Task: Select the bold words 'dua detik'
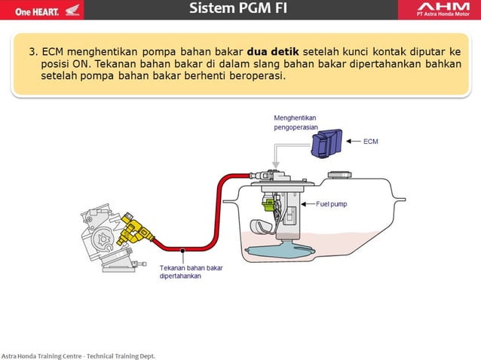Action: click(273, 52)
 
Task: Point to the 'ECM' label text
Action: click(372, 141)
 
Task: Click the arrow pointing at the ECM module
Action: click(353, 141)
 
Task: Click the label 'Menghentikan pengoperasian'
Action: click(295, 123)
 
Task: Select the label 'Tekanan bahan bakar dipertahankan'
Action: click(186, 271)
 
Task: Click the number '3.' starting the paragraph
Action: click(33, 52)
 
